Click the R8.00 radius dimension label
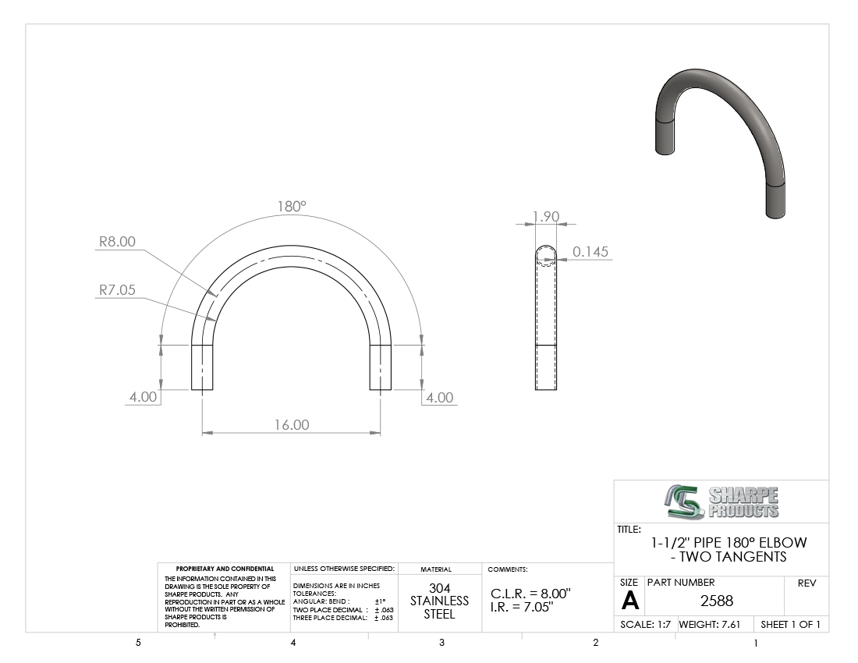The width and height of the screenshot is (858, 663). point(117,242)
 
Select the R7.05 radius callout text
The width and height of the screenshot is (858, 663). point(117,290)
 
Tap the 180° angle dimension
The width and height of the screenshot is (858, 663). point(292,207)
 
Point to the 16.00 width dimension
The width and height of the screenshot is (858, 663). point(292,425)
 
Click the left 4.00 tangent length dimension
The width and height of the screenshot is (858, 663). point(144,397)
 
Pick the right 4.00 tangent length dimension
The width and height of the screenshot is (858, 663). point(439,398)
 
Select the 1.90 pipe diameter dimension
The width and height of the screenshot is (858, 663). point(545,217)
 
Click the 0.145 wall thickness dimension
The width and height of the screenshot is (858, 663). point(590,252)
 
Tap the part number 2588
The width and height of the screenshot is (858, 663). point(717,601)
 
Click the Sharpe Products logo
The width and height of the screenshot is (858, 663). point(721,502)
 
